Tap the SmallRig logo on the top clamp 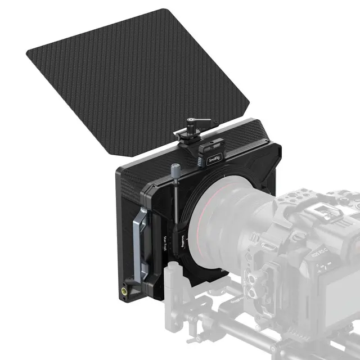coord(214,160)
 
